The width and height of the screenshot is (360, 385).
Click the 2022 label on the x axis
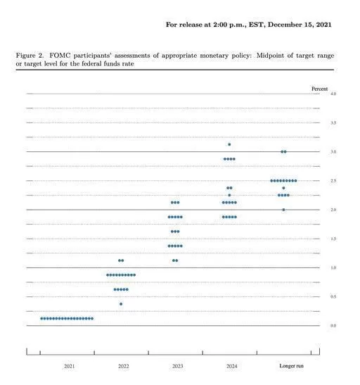[123, 366]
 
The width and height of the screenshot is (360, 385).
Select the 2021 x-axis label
[69, 366]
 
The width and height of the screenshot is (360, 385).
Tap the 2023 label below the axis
[178, 366]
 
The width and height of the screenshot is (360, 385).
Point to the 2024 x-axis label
[232, 366]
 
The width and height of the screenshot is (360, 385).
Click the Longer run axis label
[291, 366]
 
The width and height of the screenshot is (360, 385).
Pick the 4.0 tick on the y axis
[333, 94]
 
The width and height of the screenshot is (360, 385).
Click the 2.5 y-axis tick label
[333, 181]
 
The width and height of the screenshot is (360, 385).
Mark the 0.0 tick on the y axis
[333, 326]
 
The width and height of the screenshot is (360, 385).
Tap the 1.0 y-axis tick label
[333, 267]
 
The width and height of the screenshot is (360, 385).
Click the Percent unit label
[319, 89]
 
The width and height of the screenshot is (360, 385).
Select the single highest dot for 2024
[229, 144]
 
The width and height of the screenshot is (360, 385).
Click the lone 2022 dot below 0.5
[121, 304]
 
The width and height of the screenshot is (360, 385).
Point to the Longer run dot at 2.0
[283, 210]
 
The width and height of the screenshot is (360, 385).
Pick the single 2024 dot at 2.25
[229, 195]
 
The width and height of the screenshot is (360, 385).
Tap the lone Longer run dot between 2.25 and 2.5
[283, 188]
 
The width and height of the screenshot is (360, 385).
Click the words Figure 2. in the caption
[30, 56]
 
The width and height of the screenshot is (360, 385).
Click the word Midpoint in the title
[270, 56]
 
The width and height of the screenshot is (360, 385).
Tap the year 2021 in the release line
[323, 25]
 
